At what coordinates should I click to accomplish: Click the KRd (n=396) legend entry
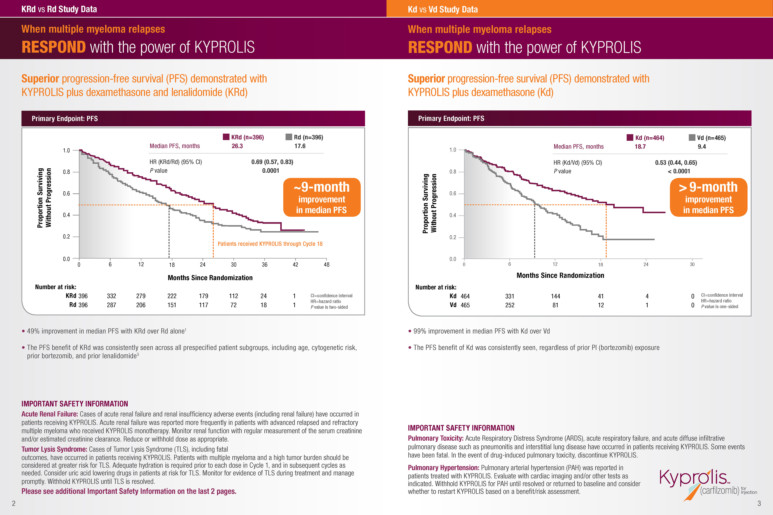click(244, 137)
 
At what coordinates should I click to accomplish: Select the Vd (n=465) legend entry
click(707, 138)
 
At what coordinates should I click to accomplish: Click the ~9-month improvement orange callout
click(321, 197)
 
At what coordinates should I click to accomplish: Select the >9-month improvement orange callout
click(708, 197)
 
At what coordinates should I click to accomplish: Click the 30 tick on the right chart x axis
click(692, 264)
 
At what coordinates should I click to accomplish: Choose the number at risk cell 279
click(141, 296)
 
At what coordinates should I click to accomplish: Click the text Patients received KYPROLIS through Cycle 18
click(270, 244)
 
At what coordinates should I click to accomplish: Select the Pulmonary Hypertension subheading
click(443, 468)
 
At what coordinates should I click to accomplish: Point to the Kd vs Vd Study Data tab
click(442, 9)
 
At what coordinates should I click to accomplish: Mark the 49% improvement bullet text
click(106, 331)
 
